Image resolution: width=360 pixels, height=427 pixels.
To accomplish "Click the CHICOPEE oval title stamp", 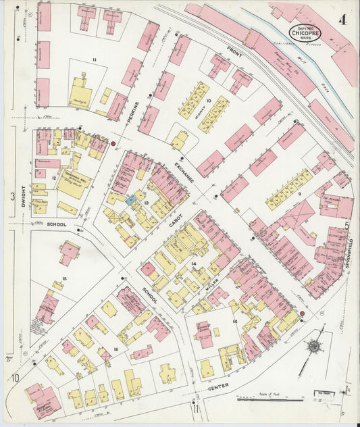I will click(305, 31).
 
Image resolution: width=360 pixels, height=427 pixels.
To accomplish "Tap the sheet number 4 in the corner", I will click(344, 20).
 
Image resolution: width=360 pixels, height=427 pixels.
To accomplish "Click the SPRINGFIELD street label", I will click(351, 253).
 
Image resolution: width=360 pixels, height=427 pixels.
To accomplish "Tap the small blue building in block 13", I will click(130, 201).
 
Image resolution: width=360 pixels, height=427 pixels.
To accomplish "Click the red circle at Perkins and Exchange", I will click(113, 144).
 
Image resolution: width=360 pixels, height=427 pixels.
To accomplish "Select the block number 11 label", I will click(95, 60).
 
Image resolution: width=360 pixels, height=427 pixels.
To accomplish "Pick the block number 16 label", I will click(116, 349).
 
